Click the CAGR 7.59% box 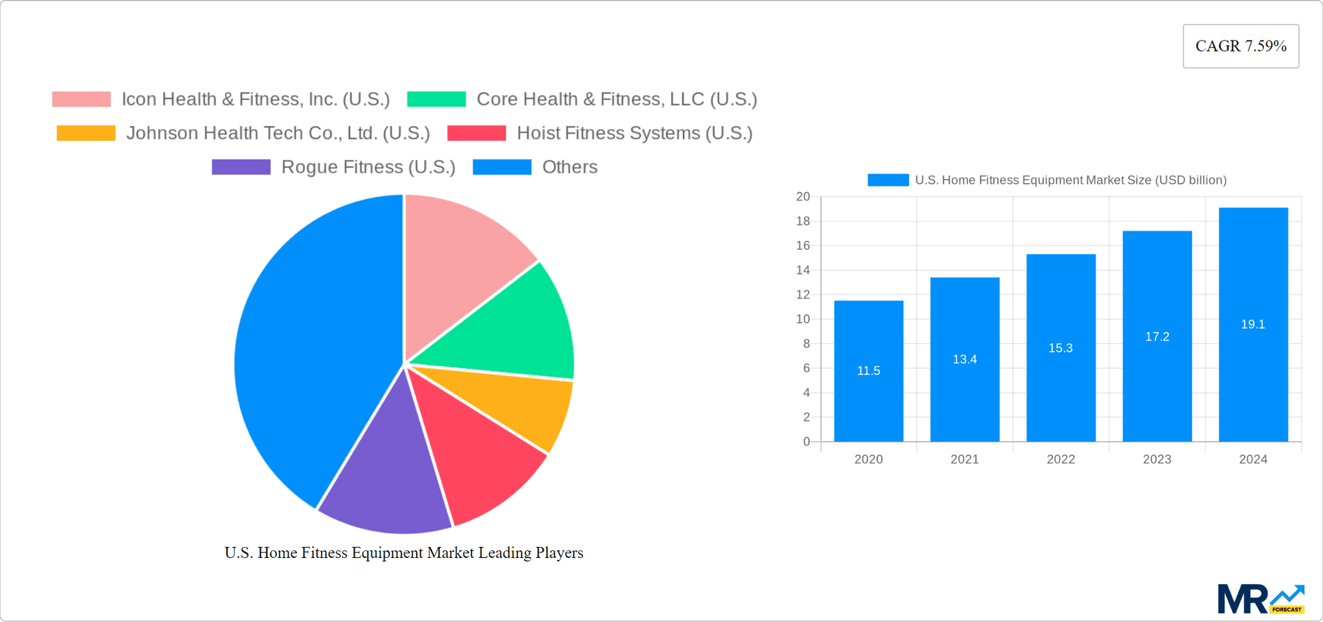pos(1240,46)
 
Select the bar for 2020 pos(868,400)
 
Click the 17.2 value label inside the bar pos(1157,337)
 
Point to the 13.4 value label pos(965,360)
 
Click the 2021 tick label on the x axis pos(965,459)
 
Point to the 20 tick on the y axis pos(803,197)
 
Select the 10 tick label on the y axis pos(803,319)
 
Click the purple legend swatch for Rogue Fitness pos(241,167)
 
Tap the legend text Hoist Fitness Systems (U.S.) pos(634,133)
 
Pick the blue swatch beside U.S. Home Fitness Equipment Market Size pos(888,180)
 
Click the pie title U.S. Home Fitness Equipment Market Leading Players pos(404,552)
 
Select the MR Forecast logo pos(1260,599)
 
